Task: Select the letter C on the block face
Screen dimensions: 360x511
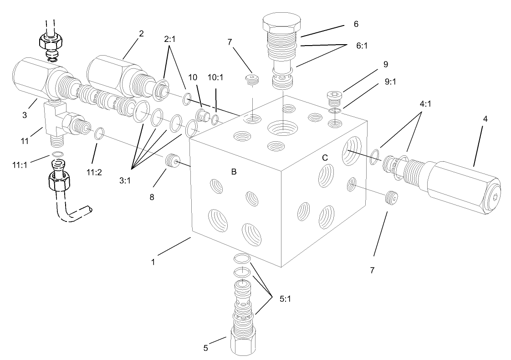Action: [325, 157]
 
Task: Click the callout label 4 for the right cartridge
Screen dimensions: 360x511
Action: [485, 119]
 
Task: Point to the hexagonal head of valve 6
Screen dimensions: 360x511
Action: [282, 22]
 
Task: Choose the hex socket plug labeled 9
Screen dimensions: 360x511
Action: [334, 96]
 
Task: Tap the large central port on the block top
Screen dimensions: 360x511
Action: [282, 127]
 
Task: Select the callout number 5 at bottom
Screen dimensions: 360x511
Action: [205, 348]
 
